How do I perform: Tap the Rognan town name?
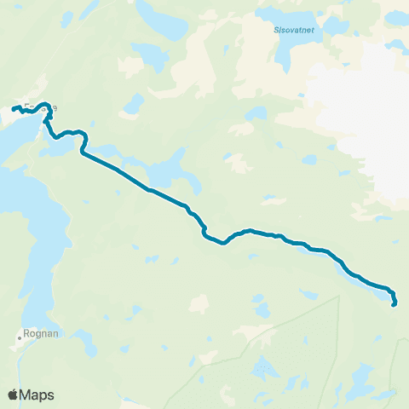pos(37,334)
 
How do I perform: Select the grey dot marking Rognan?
pos(19,337)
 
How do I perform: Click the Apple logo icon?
pos(13,395)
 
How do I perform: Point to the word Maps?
pos(37,395)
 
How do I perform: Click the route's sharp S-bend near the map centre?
pos(204,230)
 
